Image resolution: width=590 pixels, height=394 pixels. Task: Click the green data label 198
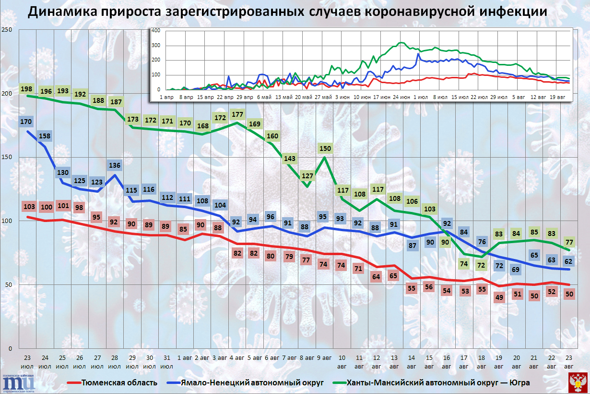[27, 89]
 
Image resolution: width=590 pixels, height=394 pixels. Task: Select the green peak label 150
[325, 148]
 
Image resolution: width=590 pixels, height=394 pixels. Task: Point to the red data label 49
[499, 297]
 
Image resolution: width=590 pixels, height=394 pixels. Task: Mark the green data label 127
[307, 175]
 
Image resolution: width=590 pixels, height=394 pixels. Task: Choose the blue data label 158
[45, 135]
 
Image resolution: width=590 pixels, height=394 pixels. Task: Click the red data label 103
[29, 207]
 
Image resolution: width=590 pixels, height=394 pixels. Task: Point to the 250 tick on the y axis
[7, 30]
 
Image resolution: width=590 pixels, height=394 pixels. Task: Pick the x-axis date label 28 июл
[115, 362]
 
